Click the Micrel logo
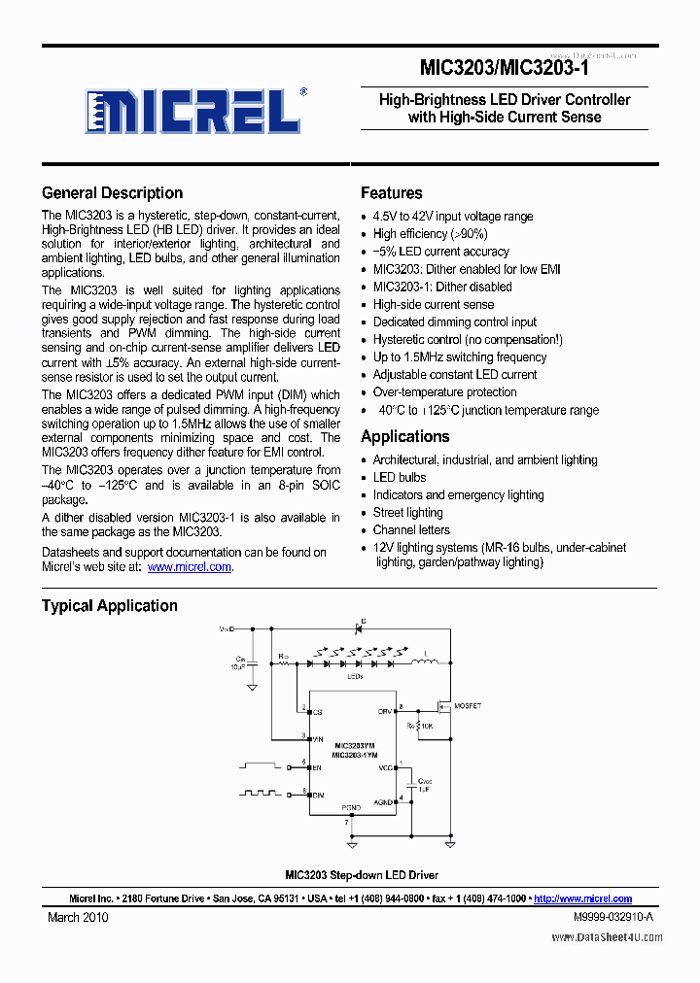[192, 111]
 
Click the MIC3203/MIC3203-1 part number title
[504, 68]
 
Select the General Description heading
[112, 192]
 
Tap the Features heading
[391, 192]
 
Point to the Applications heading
[404, 436]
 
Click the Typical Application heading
[109, 605]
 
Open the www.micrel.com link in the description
[190, 566]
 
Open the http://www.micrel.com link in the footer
[582, 898]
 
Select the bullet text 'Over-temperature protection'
[444, 392]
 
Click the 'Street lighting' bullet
[407, 513]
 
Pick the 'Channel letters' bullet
[411, 530]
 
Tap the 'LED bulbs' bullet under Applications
[399, 478]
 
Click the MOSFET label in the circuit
[469, 706]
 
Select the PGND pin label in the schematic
[351, 806]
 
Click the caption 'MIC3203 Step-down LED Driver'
[361, 875]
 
